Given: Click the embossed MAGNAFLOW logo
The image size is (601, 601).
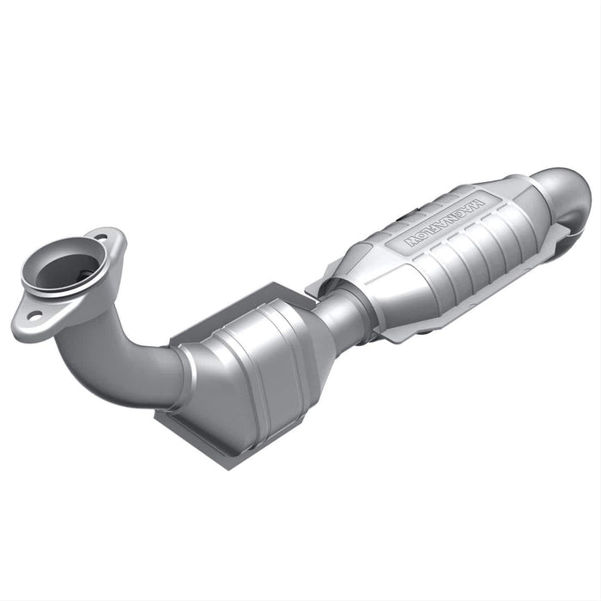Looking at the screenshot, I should point(444,222).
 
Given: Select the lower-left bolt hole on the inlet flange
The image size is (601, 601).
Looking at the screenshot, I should point(33,317).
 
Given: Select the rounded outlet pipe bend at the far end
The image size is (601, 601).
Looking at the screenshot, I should point(562,197).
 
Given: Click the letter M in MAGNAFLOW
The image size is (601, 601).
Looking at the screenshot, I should point(477,204).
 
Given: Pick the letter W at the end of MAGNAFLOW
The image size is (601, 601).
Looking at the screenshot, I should point(411,241).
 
